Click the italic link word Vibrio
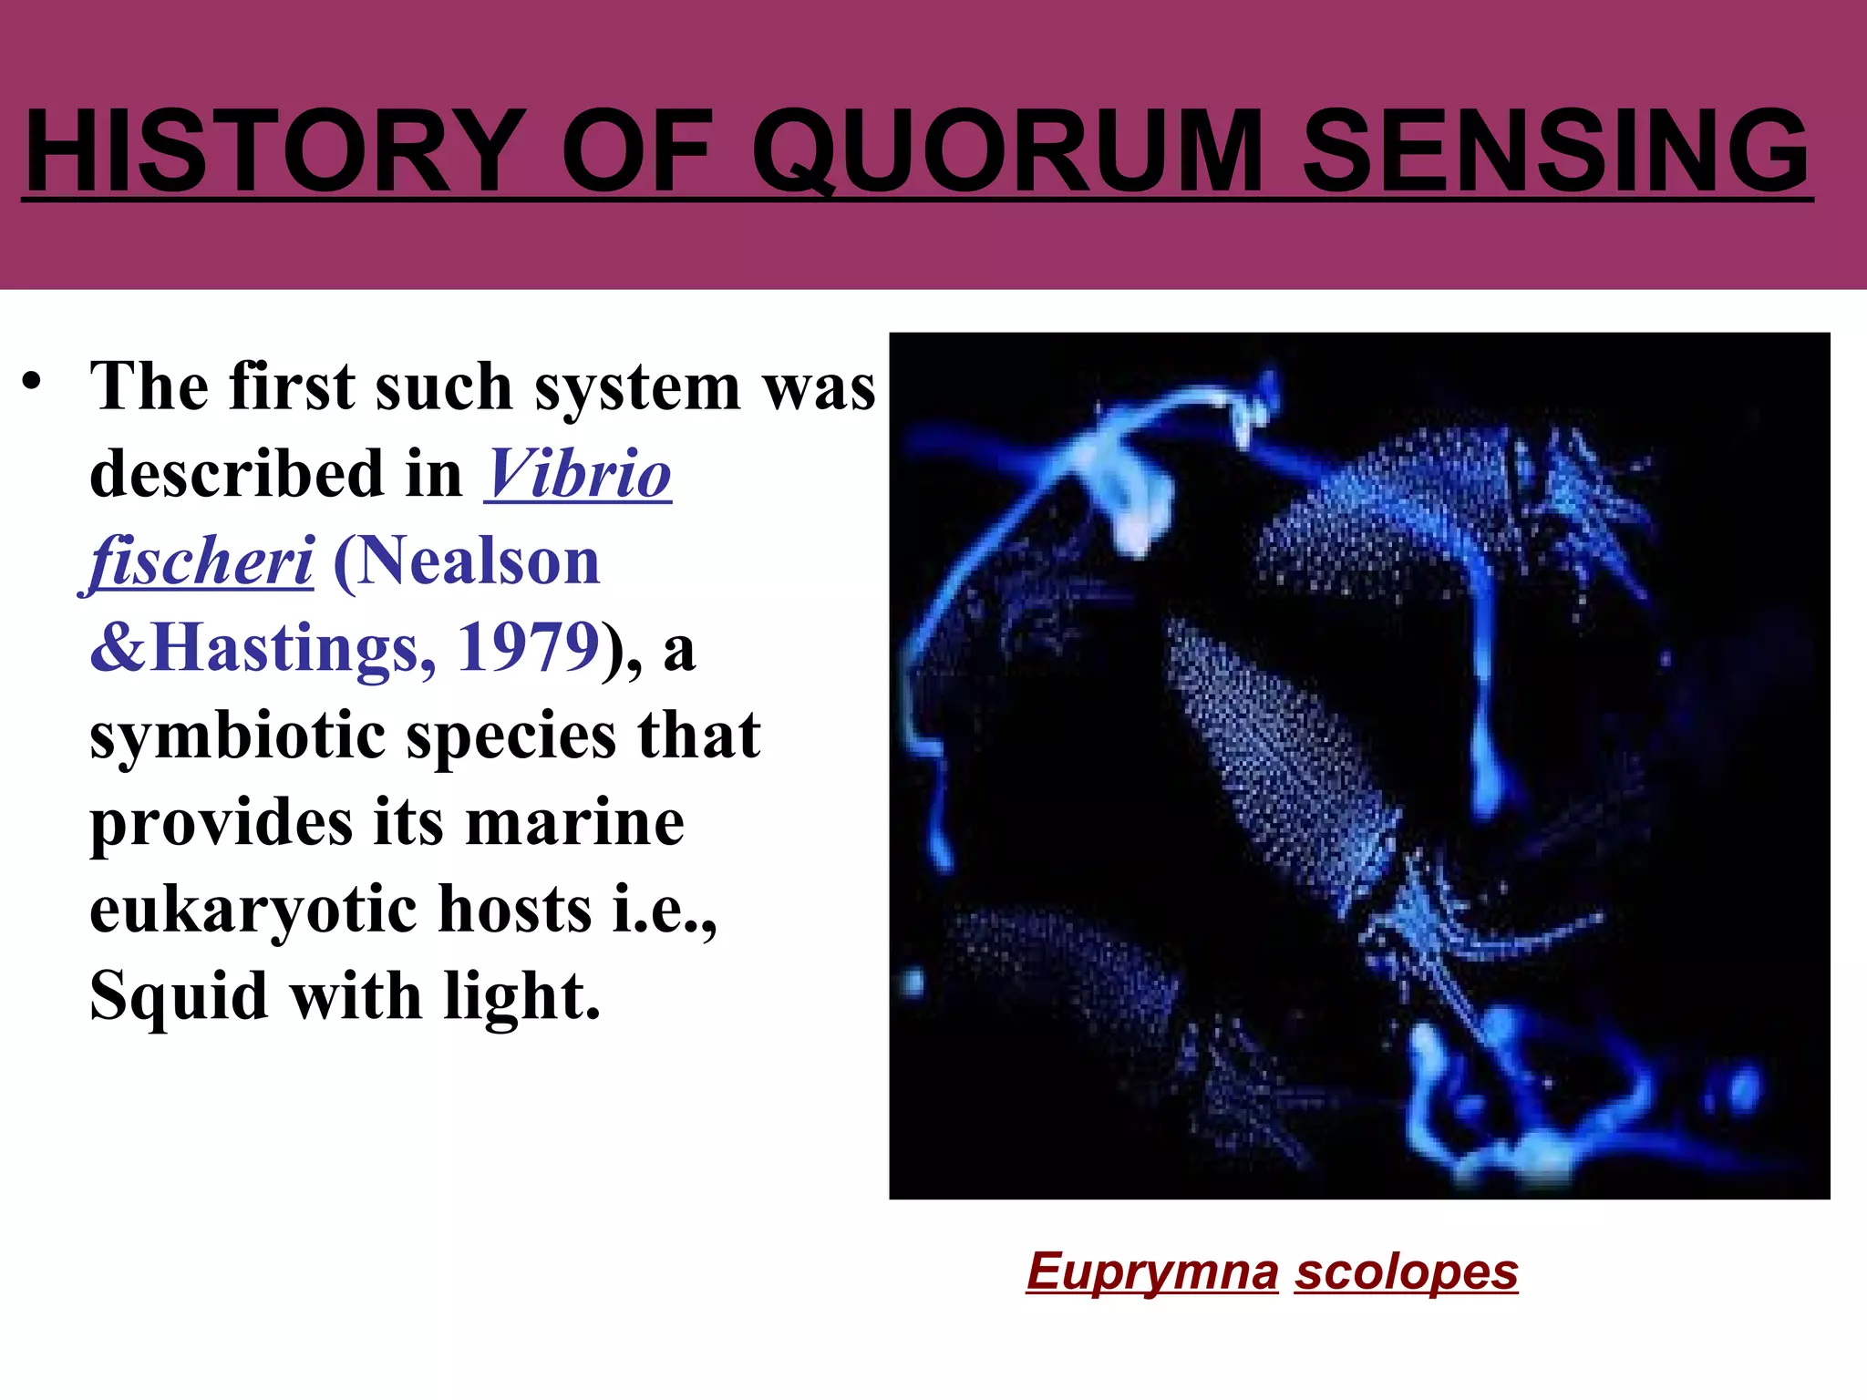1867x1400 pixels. tap(578, 474)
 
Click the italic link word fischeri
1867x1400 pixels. tap(201, 561)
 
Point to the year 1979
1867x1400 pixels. tap(528, 647)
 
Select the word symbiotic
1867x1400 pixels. tap(237, 735)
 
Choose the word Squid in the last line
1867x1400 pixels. tap(179, 995)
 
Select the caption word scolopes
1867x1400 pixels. tap(1406, 1271)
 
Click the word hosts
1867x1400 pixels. tap(515, 909)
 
